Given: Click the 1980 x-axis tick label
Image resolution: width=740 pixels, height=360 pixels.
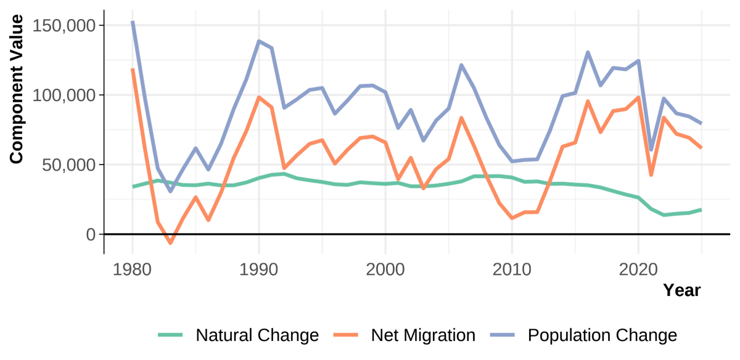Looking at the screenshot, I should [132, 270].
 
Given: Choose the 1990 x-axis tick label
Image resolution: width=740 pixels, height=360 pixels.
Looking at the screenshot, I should [258, 270].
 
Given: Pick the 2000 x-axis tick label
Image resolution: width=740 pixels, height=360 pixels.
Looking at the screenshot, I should [385, 270].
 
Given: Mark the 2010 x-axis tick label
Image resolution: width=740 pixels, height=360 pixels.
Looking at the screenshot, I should [511, 270].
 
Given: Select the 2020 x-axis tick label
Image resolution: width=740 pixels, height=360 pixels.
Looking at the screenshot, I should [638, 270].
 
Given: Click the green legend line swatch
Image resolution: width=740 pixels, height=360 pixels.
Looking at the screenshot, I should [171, 335].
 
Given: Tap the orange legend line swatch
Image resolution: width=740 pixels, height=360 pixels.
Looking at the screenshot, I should [346, 335].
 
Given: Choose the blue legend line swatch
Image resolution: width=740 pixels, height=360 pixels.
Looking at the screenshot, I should [503, 335].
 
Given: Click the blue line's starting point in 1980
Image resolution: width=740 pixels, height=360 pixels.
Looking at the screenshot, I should [132, 23].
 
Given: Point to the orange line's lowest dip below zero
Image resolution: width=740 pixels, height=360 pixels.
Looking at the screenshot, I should [170, 243].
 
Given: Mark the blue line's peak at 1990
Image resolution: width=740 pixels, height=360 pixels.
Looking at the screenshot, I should [258, 41].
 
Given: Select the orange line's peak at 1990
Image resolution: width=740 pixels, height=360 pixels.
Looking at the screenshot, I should [258, 97].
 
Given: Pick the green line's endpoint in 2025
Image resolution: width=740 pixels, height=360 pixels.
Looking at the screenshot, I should [701, 210].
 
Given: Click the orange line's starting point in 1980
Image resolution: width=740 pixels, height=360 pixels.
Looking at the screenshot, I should [132, 70].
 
